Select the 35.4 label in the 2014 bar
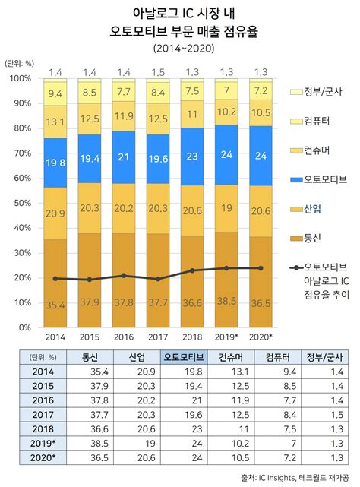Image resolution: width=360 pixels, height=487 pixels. click(x=55, y=305)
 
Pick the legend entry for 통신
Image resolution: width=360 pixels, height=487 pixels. click(x=311, y=238)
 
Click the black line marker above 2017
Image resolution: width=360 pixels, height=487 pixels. click(x=158, y=279)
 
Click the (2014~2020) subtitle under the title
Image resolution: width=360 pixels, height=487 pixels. click(x=180, y=48)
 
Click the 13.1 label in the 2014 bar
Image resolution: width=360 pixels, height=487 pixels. click(x=55, y=122)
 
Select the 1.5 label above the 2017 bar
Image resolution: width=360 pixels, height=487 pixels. click(x=158, y=72)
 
